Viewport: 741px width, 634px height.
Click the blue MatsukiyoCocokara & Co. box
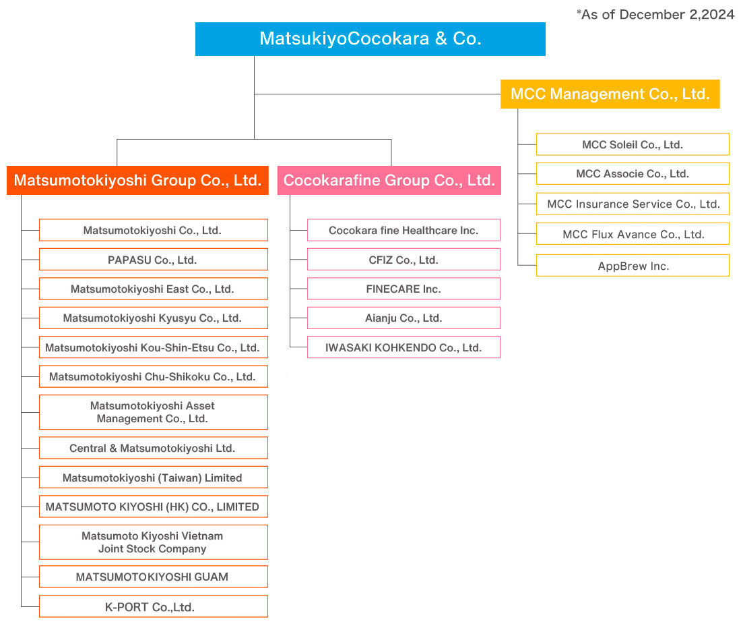(370, 39)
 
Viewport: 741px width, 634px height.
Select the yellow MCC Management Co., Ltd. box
(610, 94)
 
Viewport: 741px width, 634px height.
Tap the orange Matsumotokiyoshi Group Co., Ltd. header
(137, 180)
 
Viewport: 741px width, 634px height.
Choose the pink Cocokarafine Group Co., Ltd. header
(389, 180)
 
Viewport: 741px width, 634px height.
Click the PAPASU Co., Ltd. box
(154, 259)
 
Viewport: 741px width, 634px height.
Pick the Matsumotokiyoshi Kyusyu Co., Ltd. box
(154, 318)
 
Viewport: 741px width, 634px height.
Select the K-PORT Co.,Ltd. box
(154, 606)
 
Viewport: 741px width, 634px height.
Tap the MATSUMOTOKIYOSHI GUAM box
(154, 576)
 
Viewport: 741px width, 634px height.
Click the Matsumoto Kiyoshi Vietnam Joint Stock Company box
(154, 542)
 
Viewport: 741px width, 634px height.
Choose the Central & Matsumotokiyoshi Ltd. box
(154, 448)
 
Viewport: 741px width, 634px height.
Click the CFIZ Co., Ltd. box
(404, 259)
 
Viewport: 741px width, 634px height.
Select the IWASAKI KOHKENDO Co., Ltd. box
(404, 347)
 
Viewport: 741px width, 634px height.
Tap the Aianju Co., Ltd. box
(404, 318)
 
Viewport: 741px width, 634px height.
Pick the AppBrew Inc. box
(633, 266)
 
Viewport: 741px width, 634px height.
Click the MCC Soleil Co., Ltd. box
(633, 144)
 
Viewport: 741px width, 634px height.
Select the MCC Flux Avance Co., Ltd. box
(633, 234)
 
